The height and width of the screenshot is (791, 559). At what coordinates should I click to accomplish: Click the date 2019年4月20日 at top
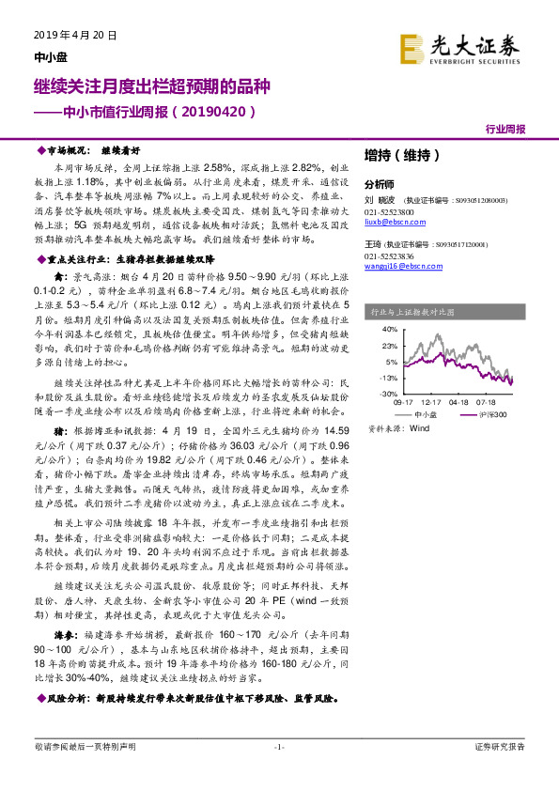pos(68,35)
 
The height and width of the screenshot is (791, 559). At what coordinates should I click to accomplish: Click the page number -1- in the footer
pos(278,747)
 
